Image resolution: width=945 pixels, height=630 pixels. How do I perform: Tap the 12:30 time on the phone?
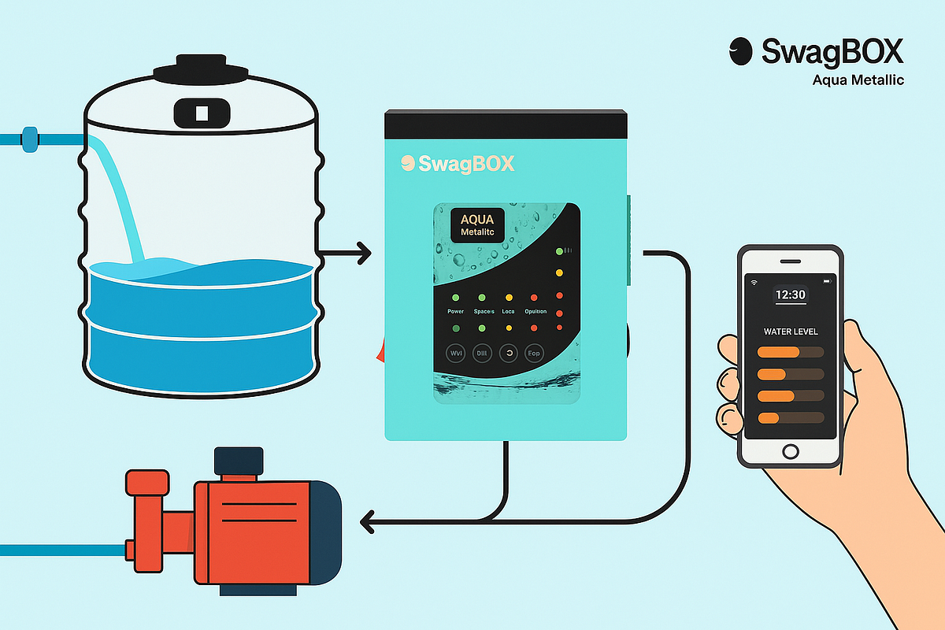click(x=790, y=295)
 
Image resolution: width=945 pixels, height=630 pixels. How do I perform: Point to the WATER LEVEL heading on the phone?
click(x=790, y=331)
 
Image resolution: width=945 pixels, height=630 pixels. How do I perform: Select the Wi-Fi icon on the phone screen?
click(x=754, y=281)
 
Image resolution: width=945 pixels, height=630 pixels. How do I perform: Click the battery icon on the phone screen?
click(x=826, y=281)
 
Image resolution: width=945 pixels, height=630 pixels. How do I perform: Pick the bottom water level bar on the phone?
click(x=790, y=417)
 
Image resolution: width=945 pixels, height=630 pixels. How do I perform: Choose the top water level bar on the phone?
click(x=790, y=352)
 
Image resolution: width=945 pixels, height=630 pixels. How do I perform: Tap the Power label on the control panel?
click(x=455, y=312)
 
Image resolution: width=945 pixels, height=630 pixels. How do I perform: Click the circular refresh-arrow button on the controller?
click(x=508, y=354)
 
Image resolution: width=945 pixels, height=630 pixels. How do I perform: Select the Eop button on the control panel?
click(x=534, y=354)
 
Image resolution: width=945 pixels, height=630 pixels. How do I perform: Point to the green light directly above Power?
click(x=455, y=298)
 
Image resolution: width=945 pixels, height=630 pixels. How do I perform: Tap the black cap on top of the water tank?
click(x=200, y=71)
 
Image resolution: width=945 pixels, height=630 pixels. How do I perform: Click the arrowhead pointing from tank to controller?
click(x=363, y=254)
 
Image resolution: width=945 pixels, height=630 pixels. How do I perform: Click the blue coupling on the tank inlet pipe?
click(x=30, y=139)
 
